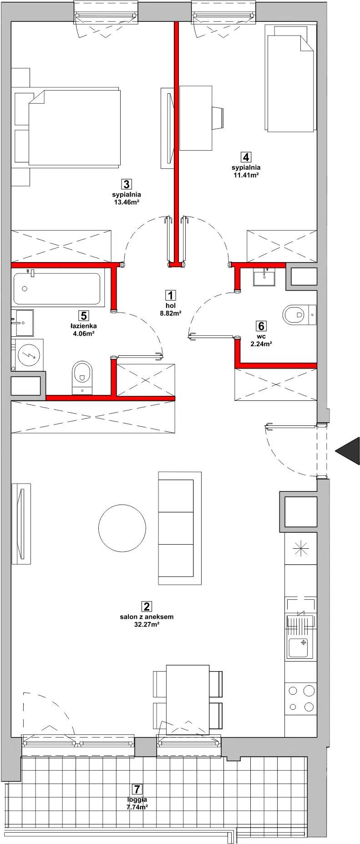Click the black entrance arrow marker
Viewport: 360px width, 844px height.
(x=348, y=451)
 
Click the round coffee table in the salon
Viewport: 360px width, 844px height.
(x=123, y=528)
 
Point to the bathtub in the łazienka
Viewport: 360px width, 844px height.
(x=57, y=289)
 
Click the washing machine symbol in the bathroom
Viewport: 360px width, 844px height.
(x=28, y=354)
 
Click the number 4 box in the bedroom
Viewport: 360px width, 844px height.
(x=246, y=157)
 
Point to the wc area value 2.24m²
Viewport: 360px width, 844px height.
(x=261, y=344)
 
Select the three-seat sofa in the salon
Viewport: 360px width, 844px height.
(x=179, y=528)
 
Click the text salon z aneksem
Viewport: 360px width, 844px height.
(x=147, y=617)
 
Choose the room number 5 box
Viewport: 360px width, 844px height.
(x=82, y=315)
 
